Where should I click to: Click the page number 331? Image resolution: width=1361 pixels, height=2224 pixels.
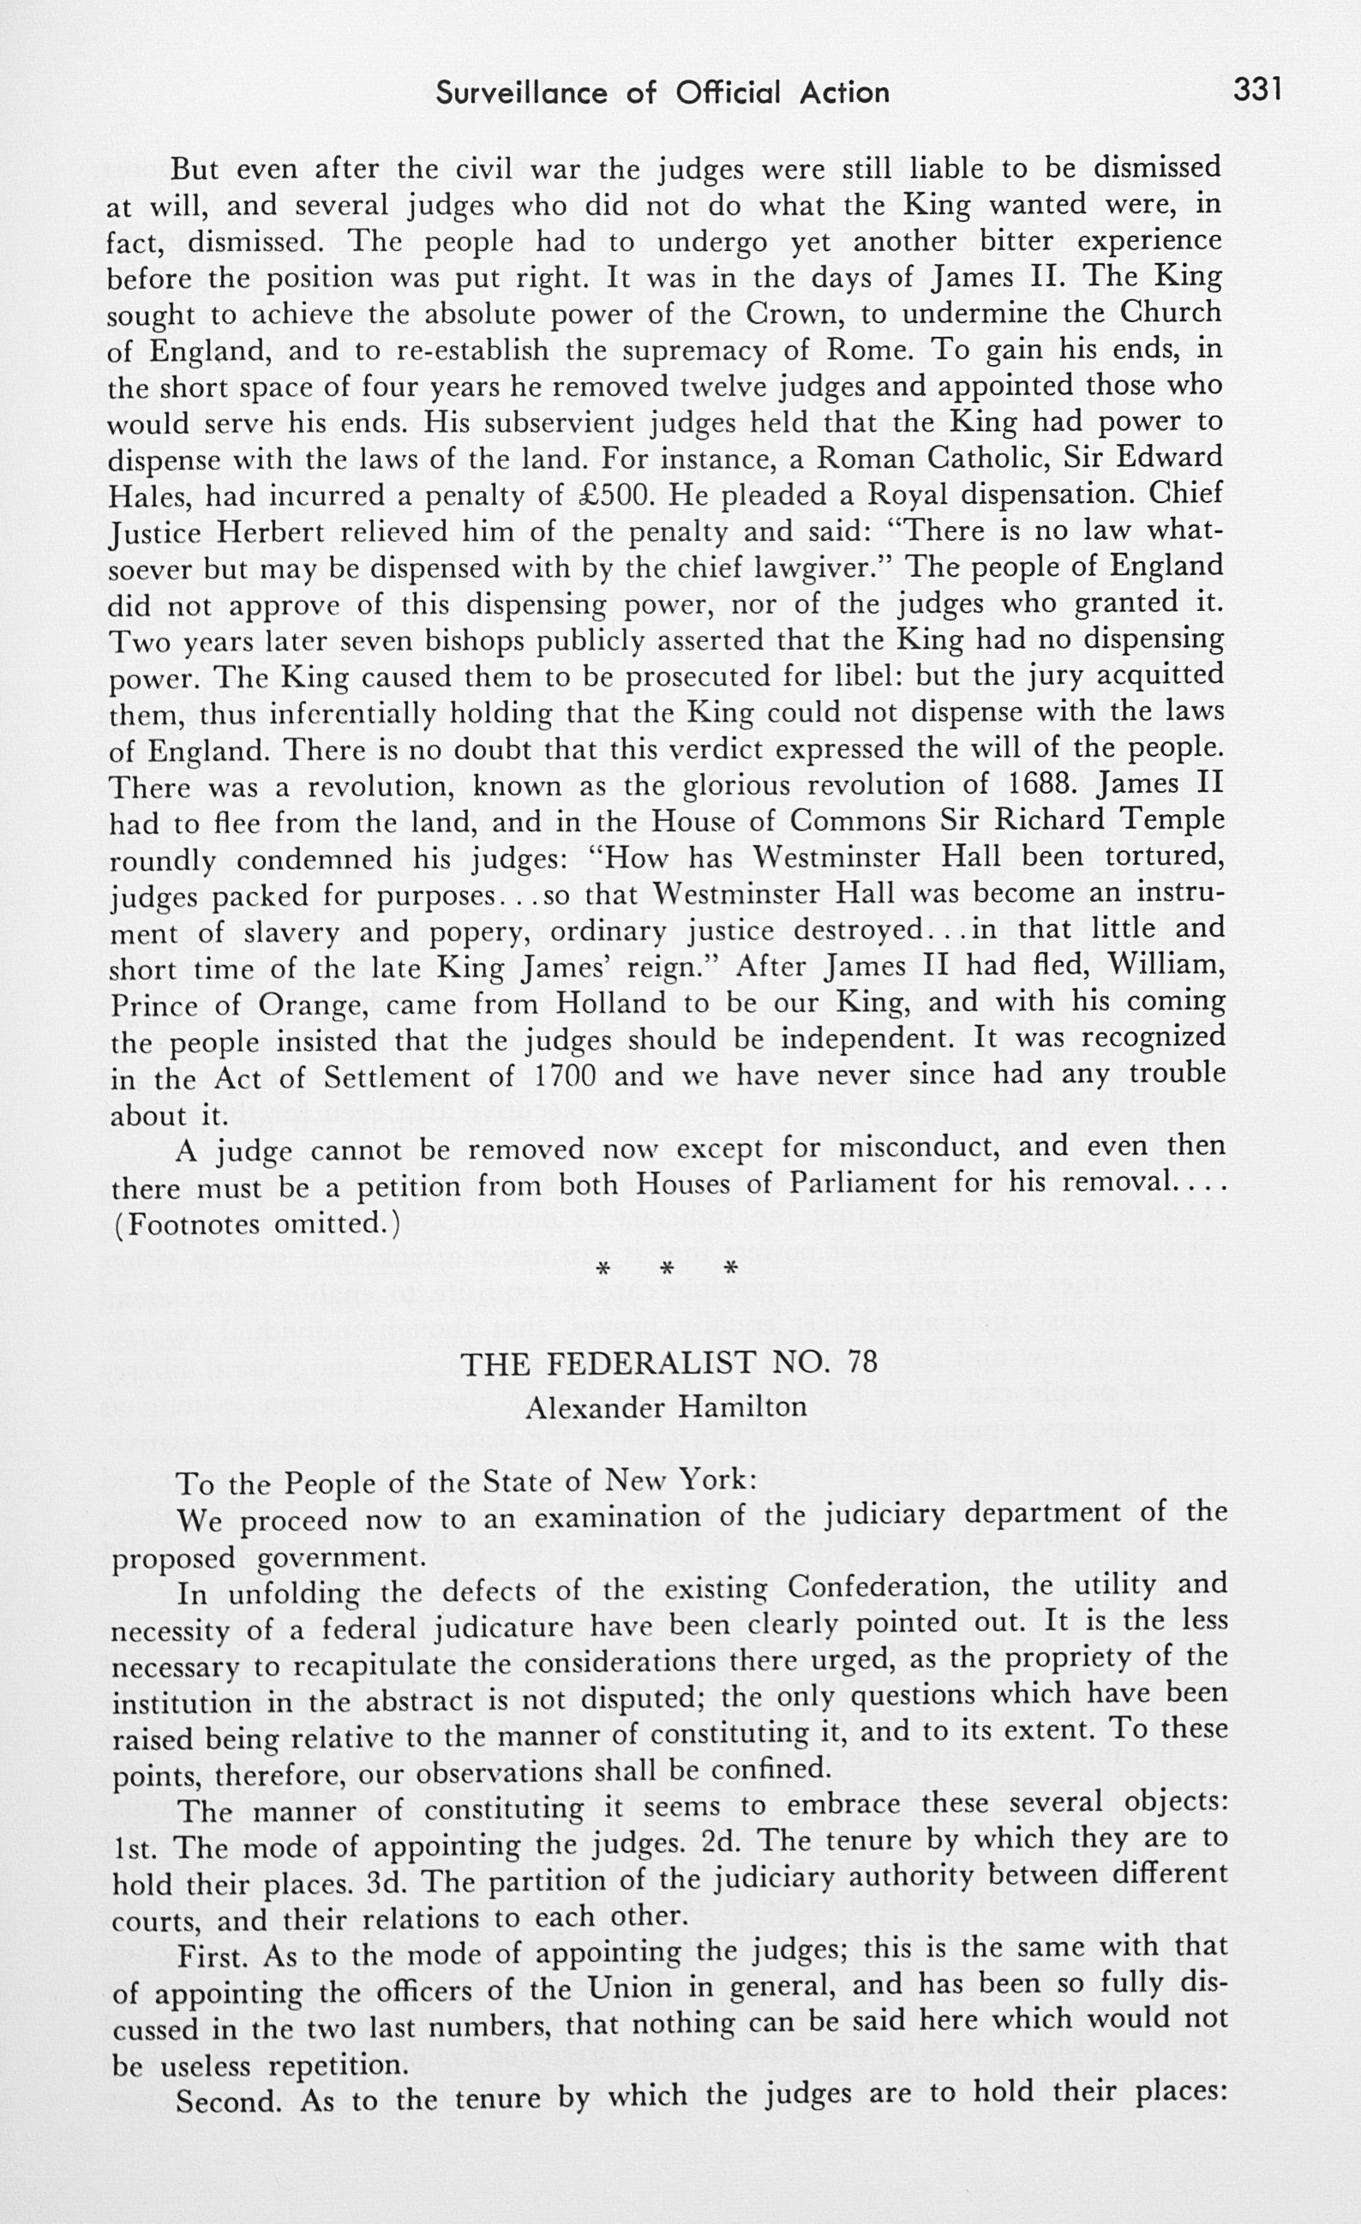pyautogui.click(x=1257, y=89)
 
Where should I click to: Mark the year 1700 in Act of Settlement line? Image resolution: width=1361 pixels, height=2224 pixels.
pyautogui.click(x=565, y=1076)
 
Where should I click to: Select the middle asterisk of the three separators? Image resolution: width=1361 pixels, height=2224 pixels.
pyautogui.click(x=667, y=1269)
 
